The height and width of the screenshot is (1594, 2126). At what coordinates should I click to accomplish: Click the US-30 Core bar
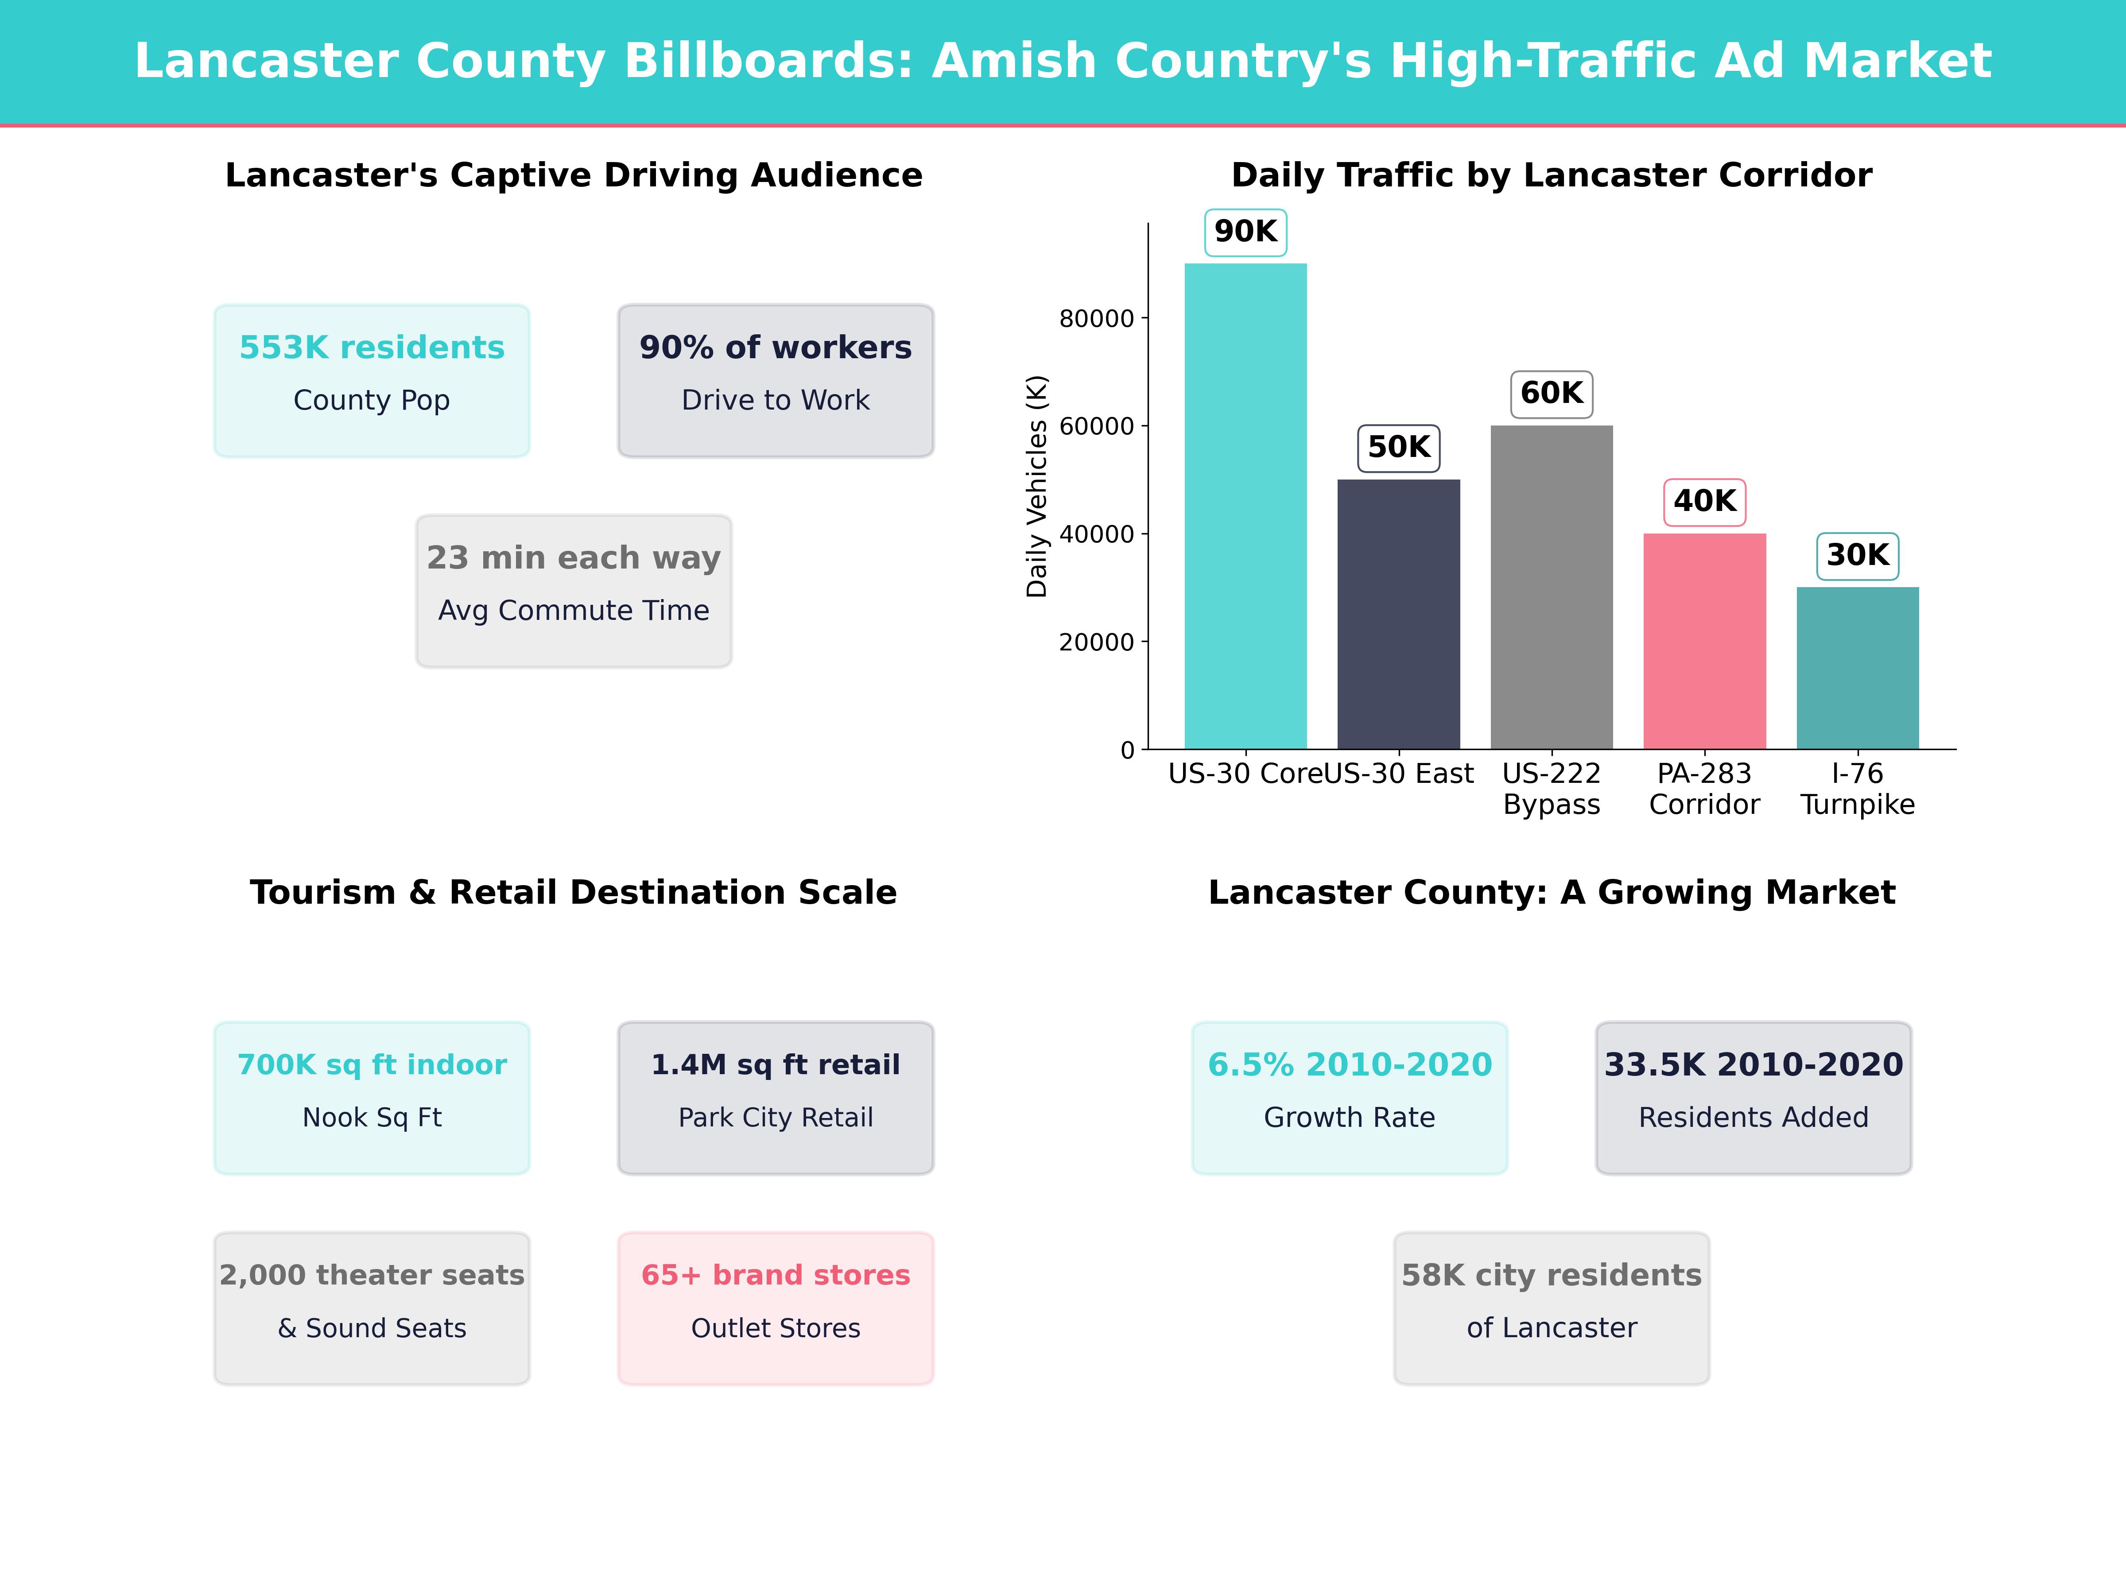pos(1245,507)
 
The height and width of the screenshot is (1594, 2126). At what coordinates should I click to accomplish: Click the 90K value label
pos(1245,232)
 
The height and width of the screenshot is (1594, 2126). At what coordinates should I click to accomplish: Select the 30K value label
pos(1858,555)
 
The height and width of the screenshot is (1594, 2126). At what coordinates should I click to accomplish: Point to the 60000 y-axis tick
pos(1097,426)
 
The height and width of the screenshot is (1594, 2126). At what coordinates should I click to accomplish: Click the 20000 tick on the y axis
pos(1097,642)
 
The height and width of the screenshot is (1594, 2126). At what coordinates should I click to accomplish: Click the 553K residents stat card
pos(372,380)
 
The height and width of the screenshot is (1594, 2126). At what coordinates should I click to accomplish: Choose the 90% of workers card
pos(776,380)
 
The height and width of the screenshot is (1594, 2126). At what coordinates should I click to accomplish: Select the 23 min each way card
pos(574,591)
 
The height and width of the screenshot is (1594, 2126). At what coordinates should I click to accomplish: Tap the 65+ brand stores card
pos(776,1308)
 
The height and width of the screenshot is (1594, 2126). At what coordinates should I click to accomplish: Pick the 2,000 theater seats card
pos(372,1308)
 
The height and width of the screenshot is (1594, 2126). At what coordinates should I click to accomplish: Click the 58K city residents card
pos(1551,1308)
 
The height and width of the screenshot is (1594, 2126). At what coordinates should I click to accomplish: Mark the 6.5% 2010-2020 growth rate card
pos(1350,1097)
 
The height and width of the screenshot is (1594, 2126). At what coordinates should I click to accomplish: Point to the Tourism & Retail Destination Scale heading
pos(574,893)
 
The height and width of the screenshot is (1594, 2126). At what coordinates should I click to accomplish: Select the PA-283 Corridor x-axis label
pos(1704,789)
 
